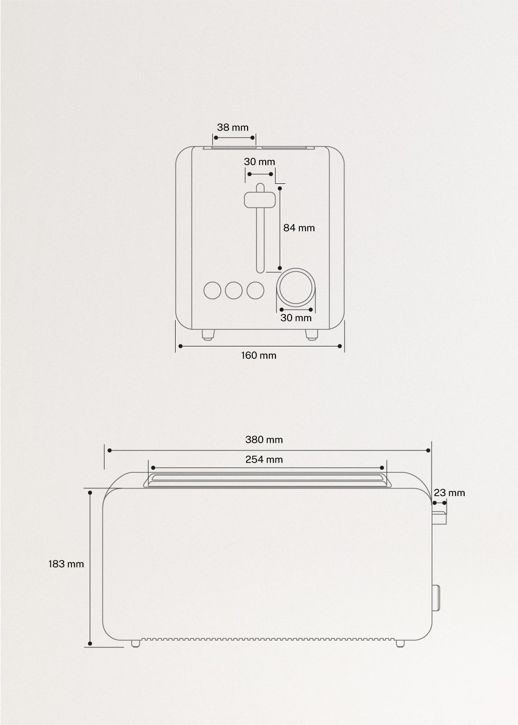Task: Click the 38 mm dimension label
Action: [233, 127]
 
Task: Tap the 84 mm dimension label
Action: [299, 227]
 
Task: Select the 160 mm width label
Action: [258, 355]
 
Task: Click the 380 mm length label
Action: [264, 440]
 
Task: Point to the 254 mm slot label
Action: [264, 459]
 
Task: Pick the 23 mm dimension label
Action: [450, 492]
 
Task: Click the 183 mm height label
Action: [66, 564]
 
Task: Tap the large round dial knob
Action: [296, 286]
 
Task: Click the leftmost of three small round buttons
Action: [212, 291]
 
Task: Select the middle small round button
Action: [234, 291]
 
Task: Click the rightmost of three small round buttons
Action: [255, 291]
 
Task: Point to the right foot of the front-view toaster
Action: [311, 335]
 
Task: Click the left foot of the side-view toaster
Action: [136, 643]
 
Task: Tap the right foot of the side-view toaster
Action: [400, 643]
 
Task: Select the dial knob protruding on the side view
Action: [436, 597]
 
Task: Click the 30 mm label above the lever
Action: [260, 162]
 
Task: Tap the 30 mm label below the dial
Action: [296, 318]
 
